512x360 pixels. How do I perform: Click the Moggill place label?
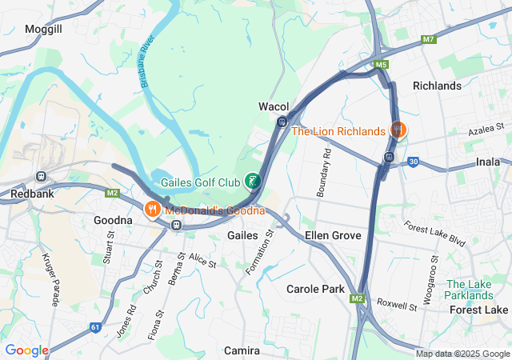(x=43, y=28)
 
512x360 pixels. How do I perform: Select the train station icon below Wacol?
(x=282, y=122)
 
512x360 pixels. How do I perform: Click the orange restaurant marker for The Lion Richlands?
(x=398, y=130)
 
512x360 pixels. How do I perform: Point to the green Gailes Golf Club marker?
(x=253, y=182)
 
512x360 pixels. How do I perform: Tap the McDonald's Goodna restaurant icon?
(x=150, y=210)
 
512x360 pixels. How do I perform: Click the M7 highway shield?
(x=429, y=38)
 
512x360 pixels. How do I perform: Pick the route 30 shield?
(x=413, y=162)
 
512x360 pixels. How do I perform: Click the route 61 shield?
(x=95, y=326)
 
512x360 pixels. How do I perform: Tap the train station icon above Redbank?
(x=41, y=176)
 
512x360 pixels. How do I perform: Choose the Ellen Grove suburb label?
(x=333, y=235)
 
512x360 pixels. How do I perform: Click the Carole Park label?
(x=315, y=288)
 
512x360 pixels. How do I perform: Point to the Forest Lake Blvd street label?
(x=434, y=234)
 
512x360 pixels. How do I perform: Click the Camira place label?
(x=242, y=350)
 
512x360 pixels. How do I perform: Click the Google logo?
(x=26, y=350)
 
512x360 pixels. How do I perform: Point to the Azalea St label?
(x=487, y=127)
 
